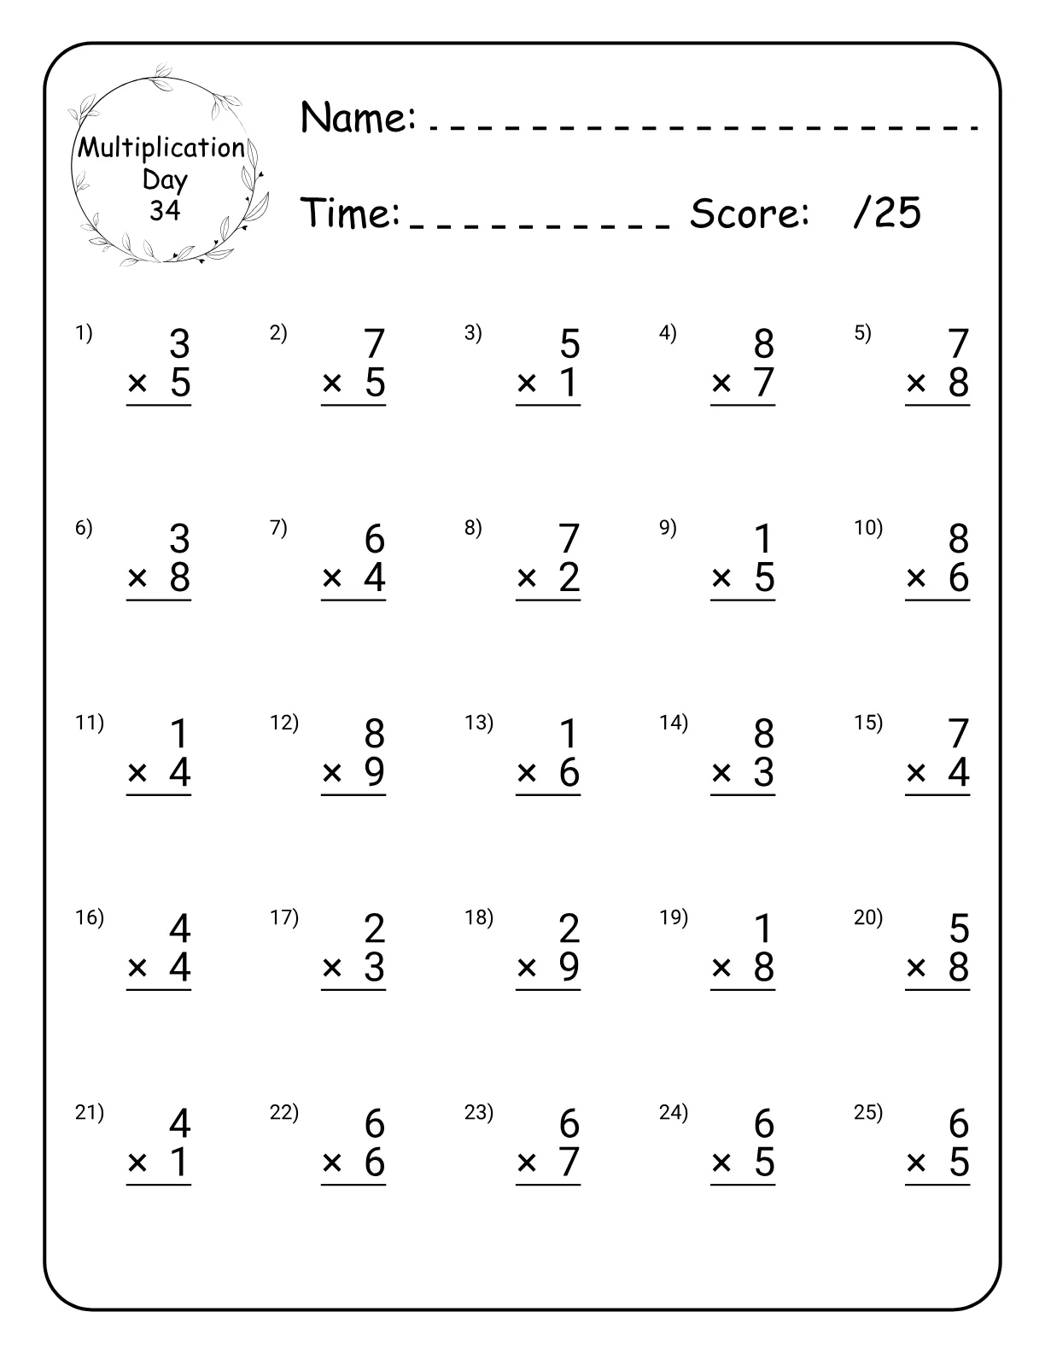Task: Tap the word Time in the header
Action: coord(351,213)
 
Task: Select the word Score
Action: coord(749,213)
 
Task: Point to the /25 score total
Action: coord(887,212)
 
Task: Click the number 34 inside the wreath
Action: coord(165,210)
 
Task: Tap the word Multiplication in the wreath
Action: coord(161,148)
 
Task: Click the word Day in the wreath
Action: coord(165,179)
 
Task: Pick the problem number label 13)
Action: coord(478,723)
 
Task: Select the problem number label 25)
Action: coord(868,1112)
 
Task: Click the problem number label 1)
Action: coord(84,333)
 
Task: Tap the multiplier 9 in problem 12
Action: coord(375,772)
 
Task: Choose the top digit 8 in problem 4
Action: coord(764,344)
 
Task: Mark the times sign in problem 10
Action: coord(916,578)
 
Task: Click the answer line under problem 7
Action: coord(353,600)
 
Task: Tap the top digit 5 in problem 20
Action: coord(959,929)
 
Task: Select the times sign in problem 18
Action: coord(527,968)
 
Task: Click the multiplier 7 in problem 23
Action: coord(569,1163)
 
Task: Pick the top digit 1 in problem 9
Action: coord(764,540)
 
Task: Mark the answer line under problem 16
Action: coord(159,990)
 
